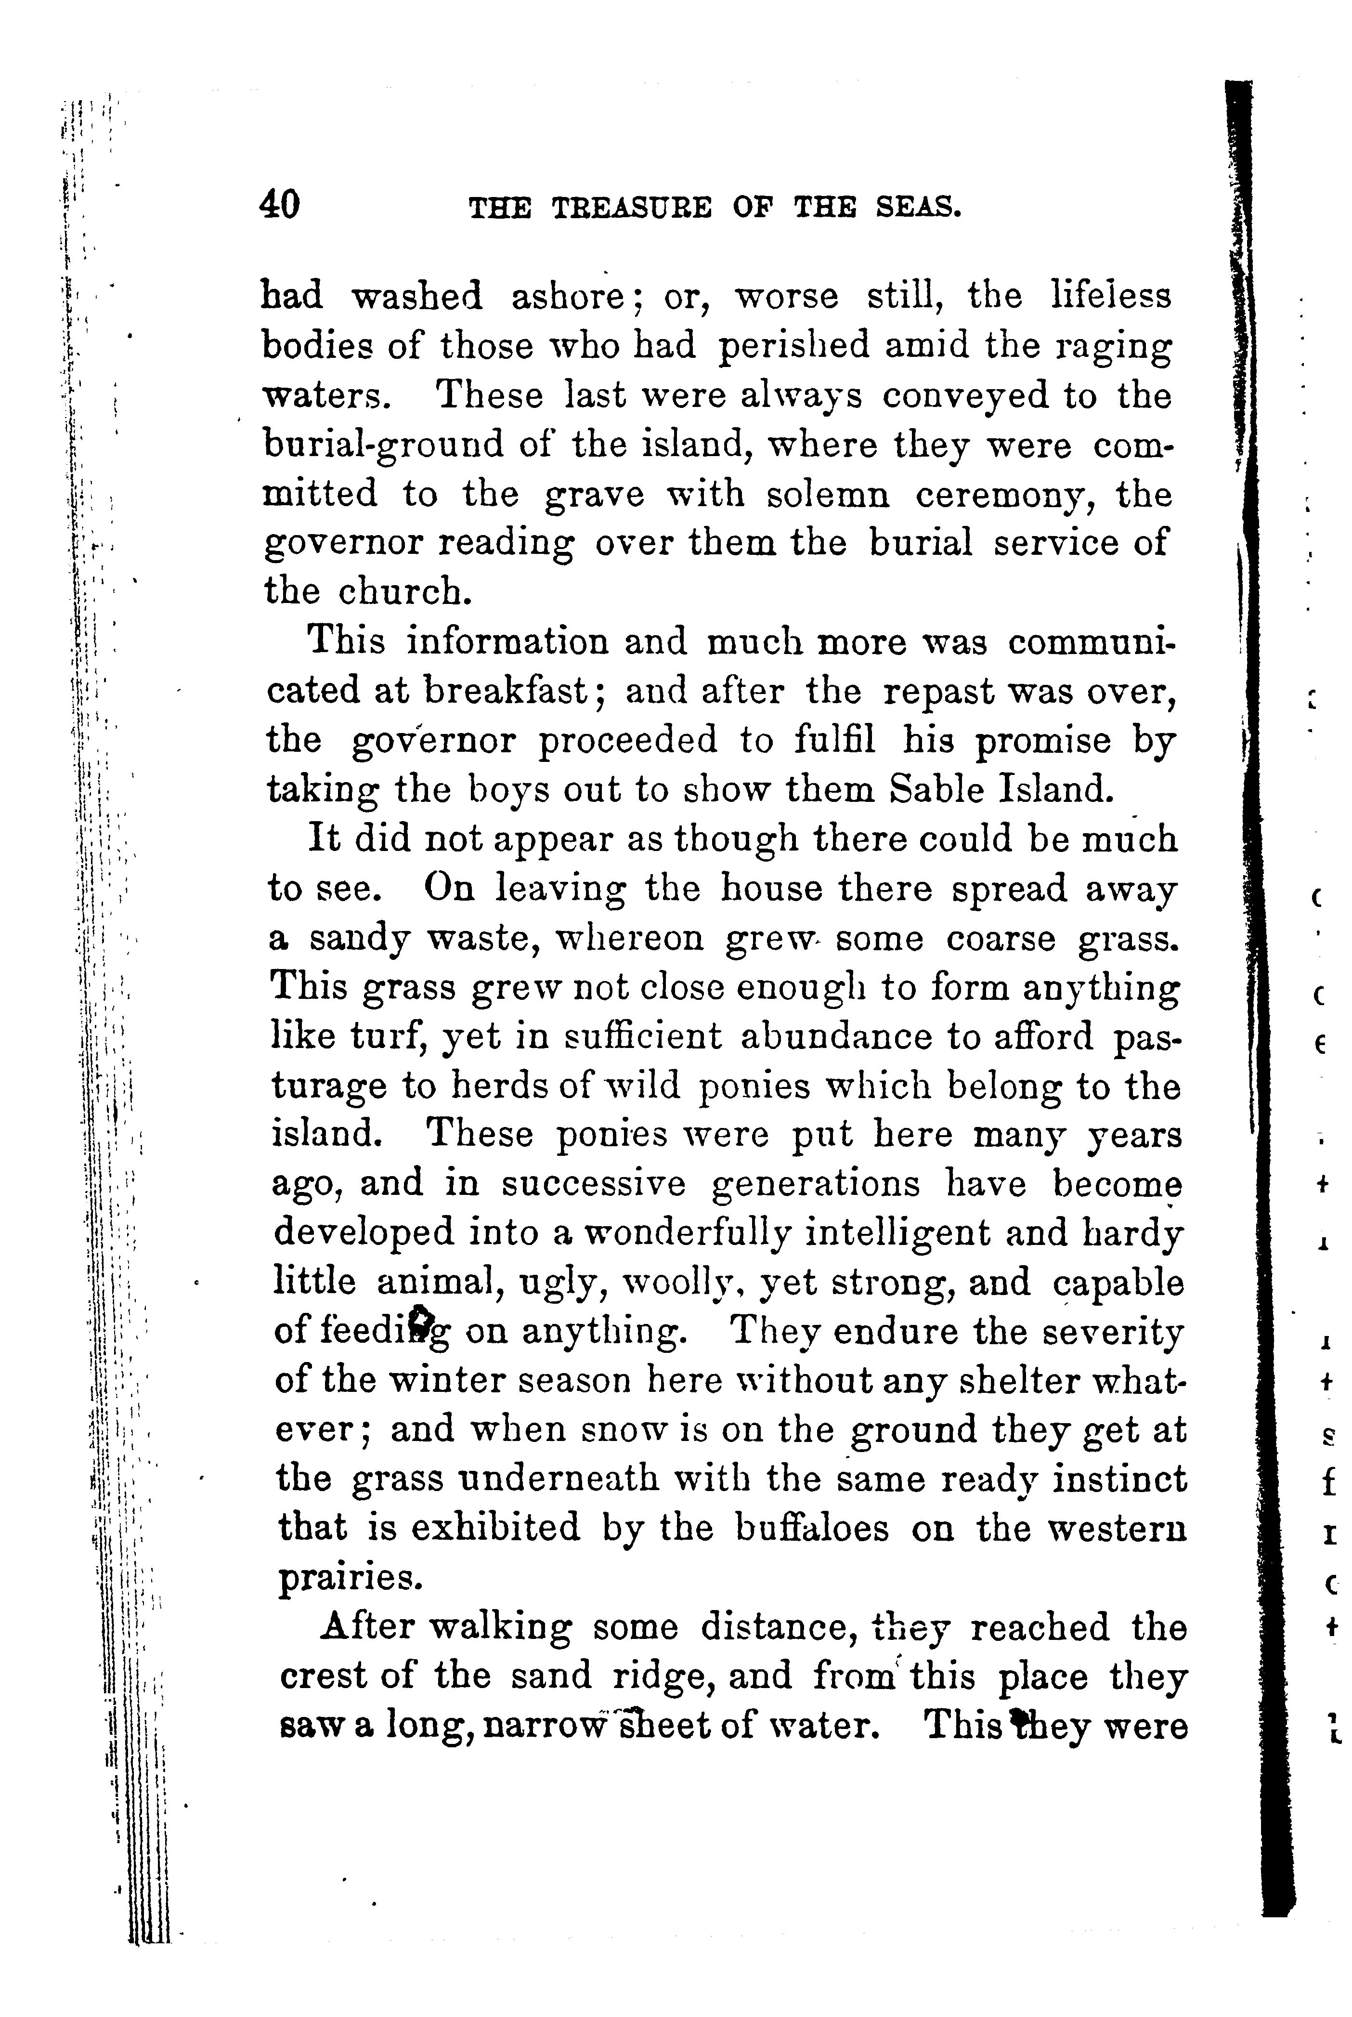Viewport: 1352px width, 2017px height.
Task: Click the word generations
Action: point(816,1184)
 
